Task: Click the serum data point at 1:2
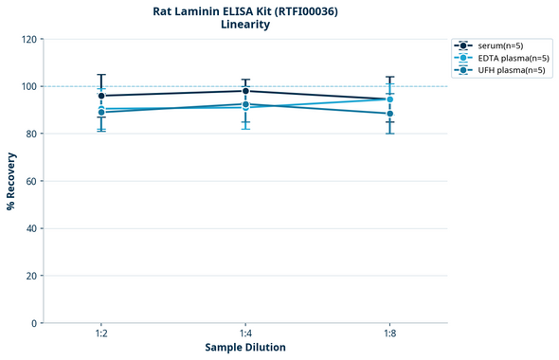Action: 101,96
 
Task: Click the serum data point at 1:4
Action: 245,91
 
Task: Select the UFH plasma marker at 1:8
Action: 389,114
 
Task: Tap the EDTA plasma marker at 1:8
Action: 389,99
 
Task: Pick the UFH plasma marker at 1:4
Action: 245,104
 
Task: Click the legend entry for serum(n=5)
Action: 499,45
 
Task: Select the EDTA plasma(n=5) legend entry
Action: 507,58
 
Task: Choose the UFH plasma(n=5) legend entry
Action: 506,70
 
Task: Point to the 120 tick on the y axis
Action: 29,40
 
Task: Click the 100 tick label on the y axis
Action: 29,87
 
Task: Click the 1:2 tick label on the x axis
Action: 101,334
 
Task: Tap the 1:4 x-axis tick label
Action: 245,334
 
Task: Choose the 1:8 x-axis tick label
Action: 389,334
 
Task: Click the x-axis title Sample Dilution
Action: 245,348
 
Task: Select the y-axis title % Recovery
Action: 11,181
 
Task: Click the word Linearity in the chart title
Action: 245,25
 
